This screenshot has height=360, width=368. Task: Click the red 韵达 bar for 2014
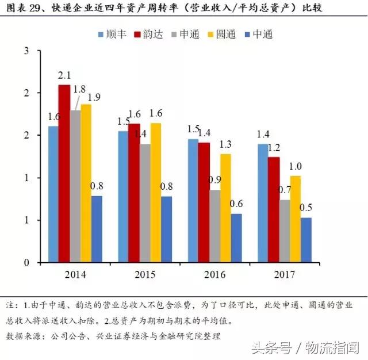[x=64, y=174]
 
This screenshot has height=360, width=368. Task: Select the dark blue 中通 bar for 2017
[x=306, y=240]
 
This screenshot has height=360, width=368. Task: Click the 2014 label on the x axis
[x=75, y=275]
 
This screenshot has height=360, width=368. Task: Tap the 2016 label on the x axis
[x=214, y=275]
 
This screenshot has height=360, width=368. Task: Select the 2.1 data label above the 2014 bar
[x=64, y=75]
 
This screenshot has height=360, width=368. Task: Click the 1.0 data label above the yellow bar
[x=295, y=166]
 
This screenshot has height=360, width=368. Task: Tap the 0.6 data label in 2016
[x=237, y=204]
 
